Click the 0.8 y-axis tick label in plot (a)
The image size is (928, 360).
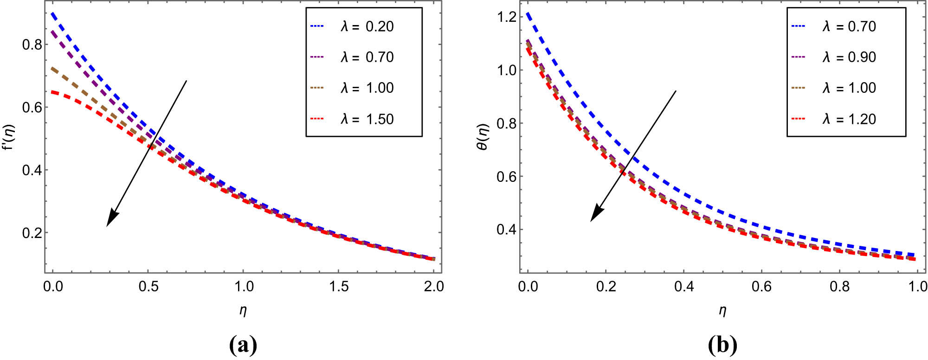coord(32,45)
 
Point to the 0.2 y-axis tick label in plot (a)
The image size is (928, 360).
coord(32,233)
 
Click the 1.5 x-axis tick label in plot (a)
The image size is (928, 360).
coord(339,287)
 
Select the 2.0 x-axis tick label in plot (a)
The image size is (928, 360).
coord(434,287)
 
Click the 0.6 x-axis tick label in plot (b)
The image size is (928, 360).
coord(761,287)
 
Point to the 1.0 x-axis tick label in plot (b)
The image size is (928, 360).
coord(917,287)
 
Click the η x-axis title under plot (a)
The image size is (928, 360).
coord(243,310)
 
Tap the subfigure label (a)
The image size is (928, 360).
coord(243,345)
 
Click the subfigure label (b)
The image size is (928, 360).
coord(722,345)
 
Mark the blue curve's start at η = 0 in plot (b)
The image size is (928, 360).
coord(528,15)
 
